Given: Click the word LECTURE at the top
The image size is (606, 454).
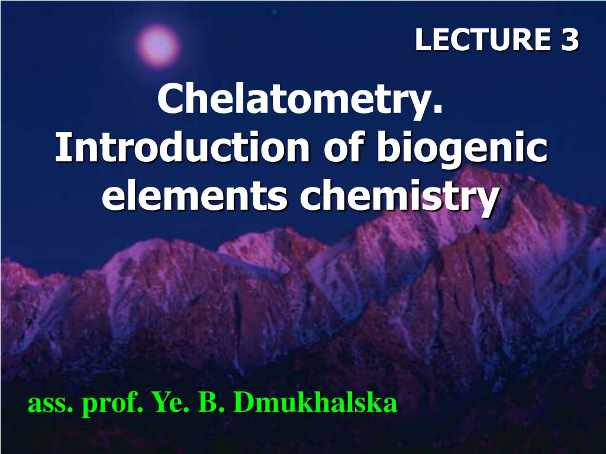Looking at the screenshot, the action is click(483, 40).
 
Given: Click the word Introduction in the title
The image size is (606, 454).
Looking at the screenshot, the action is click(182, 147).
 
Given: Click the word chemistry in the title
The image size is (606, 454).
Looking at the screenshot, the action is click(399, 198).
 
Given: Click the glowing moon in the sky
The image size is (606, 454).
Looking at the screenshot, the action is click(159, 46).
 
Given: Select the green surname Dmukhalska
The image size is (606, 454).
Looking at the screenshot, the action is click(315, 402).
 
